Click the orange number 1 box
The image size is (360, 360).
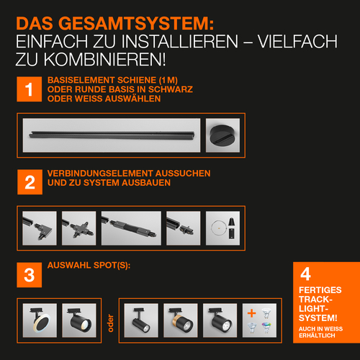click(29, 90)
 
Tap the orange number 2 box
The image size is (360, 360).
click(29, 181)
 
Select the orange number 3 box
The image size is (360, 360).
click(29, 274)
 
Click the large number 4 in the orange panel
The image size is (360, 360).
click(305, 274)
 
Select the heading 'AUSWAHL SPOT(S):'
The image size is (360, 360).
click(88, 266)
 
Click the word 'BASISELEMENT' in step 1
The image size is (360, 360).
click(76, 80)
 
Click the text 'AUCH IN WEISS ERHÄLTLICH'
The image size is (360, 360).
click(321, 332)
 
